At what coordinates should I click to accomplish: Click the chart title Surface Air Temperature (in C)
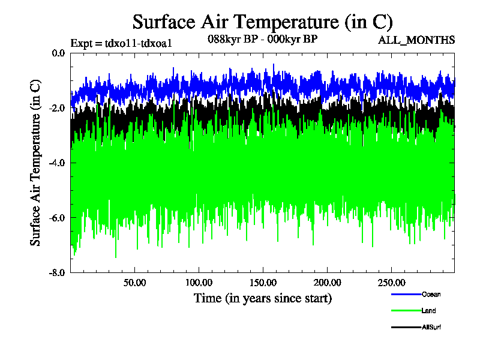pyautogui.click(x=262, y=22)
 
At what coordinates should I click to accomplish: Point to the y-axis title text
pyautogui.click(x=35, y=162)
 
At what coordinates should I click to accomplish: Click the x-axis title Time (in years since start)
pyautogui.click(x=262, y=298)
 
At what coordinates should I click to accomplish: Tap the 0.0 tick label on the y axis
pyautogui.click(x=58, y=53)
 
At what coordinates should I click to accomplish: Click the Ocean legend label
pyautogui.click(x=431, y=294)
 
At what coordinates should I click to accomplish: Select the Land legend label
pyautogui.click(x=429, y=310)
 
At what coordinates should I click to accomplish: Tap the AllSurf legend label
pyautogui.click(x=432, y=327)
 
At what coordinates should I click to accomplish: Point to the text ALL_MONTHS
pyautogui.click(x=416, y=40)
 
